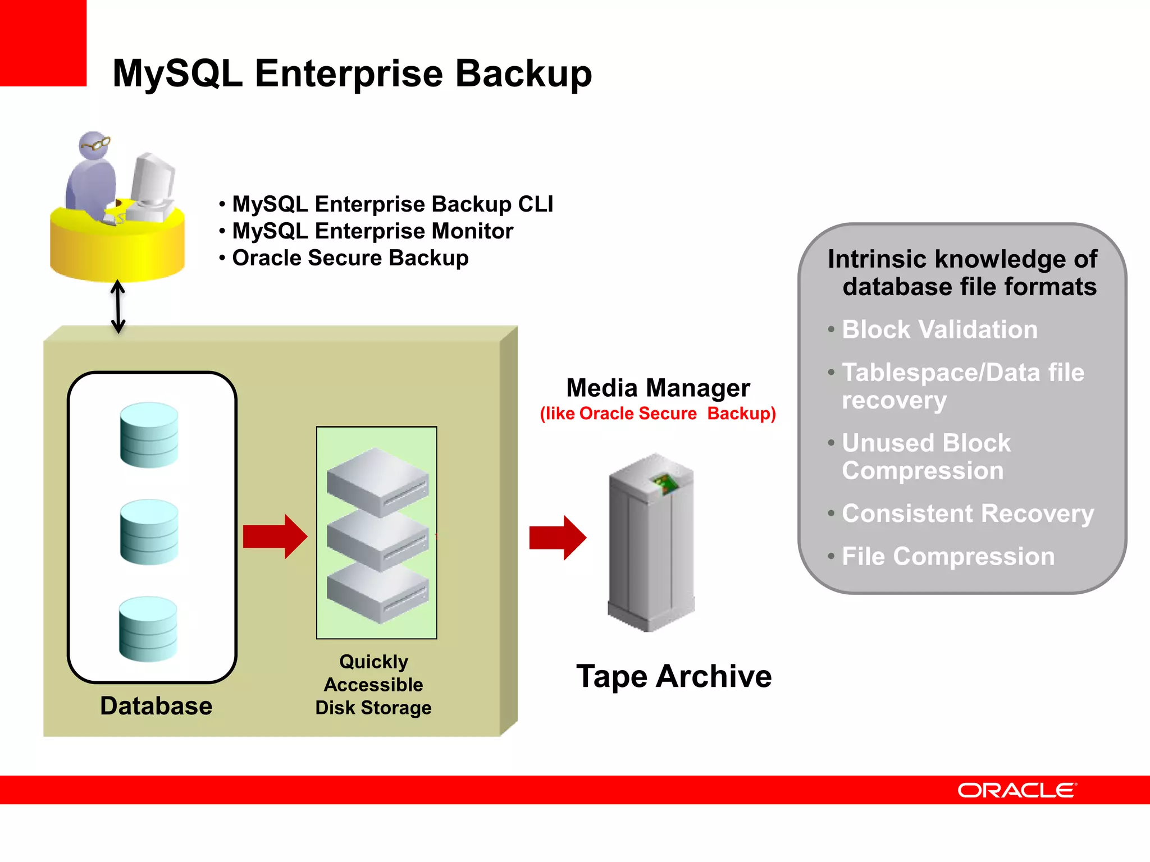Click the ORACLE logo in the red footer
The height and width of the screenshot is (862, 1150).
1016,790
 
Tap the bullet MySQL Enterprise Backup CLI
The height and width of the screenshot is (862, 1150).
392,204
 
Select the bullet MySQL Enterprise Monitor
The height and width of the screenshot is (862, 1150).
372,231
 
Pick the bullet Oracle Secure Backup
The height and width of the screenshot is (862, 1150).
350,258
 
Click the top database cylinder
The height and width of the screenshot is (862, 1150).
149,435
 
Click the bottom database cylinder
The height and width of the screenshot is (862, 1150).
148,629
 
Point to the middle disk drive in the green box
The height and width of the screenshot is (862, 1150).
377,540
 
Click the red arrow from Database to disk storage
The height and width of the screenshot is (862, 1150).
275,537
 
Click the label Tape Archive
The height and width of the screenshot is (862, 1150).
674,676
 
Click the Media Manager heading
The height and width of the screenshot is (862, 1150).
658,388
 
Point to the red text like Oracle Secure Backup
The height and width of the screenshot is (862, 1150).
658,414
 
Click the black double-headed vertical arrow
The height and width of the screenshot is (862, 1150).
118,306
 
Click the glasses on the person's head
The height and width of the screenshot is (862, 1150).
95,145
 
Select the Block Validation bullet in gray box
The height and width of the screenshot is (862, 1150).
939,329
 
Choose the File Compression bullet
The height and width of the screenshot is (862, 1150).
948,557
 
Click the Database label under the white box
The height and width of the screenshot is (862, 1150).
156,706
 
